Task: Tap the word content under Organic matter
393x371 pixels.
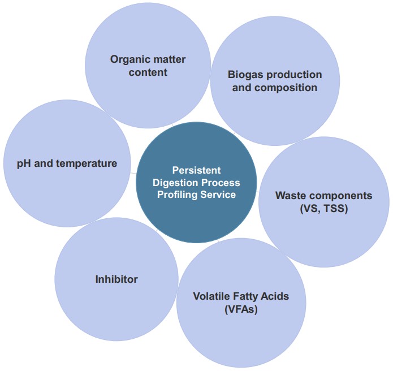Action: pos(148,72)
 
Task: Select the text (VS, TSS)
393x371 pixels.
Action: pos(323,208)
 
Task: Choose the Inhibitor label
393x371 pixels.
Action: pos(116,279)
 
